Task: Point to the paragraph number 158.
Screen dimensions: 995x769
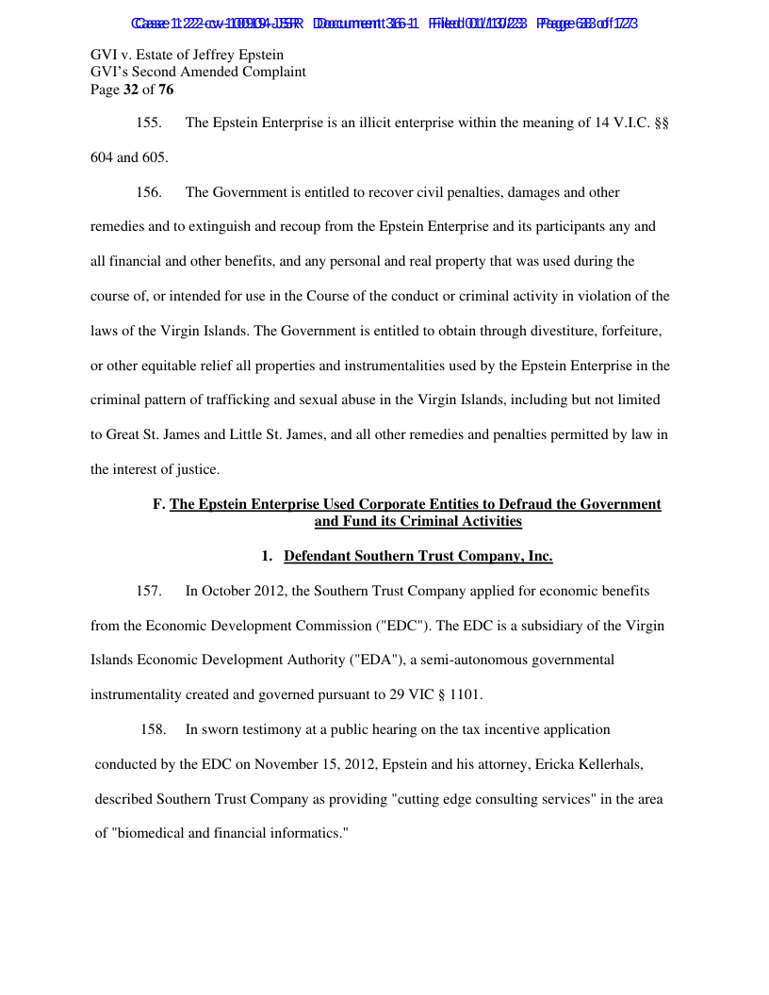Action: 153,729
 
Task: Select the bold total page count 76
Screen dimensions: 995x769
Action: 164,90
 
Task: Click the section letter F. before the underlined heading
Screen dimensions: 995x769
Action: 158,505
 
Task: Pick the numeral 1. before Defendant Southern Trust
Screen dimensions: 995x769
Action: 268,557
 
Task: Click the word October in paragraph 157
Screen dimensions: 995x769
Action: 229,592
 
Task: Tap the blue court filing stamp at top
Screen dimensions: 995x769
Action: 384,23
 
